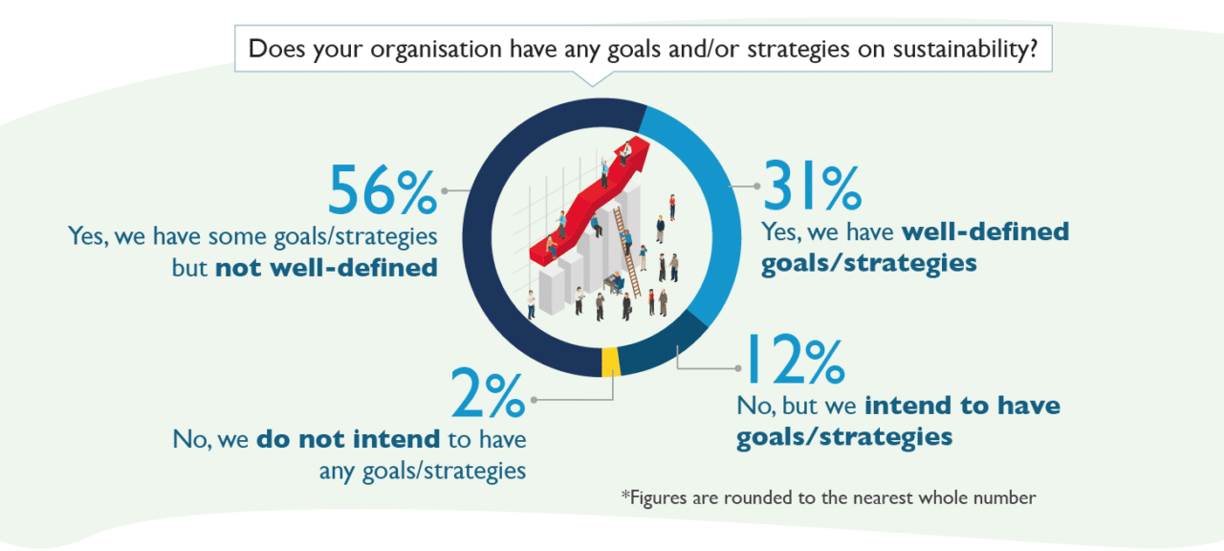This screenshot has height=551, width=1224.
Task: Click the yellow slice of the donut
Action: pos(610,362)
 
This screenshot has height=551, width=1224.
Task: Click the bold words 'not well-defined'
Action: pos(326,267)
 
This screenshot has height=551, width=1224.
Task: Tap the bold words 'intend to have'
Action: pos(962,406)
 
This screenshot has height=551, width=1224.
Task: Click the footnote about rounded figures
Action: pos(828,497)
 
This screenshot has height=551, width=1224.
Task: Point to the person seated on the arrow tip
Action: pos(626,151)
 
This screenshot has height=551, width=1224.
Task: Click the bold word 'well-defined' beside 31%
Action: pos(985,231)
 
